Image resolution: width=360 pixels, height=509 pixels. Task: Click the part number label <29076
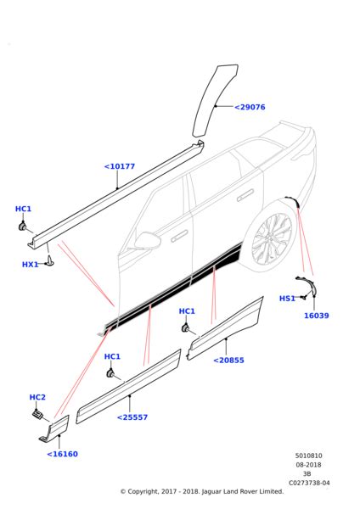click(250, 107)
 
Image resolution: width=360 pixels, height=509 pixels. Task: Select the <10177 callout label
click(119, 166)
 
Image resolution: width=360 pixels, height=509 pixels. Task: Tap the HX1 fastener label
click(30, 265)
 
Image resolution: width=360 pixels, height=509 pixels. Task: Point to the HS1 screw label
click(287, 299)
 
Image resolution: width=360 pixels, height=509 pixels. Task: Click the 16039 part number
click(316, 316)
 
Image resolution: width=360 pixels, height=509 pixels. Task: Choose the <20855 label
click(228, 361)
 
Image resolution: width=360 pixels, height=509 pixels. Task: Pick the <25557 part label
click(132, 417)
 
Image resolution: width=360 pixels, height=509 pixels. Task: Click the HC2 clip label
click(37, 397)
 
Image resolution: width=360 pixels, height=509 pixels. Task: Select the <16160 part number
click(62, 454)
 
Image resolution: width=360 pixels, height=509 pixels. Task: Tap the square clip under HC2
click(37, 414)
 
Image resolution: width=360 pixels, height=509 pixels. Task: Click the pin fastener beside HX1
click(50, 260)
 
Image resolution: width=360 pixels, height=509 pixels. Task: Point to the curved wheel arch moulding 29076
click(214, 101)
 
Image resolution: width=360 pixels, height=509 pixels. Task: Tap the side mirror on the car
click(146, 239)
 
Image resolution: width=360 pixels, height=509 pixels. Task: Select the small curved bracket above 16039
click(306, 285)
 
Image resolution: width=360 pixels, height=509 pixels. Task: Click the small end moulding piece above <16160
click(55, 428)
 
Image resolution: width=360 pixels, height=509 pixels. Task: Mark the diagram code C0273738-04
click(309, 483)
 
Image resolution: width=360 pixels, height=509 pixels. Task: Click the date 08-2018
click(308, 465)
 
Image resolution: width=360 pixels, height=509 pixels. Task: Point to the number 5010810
click(308, 456)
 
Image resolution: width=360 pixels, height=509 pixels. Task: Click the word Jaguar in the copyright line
click(211, 492)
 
